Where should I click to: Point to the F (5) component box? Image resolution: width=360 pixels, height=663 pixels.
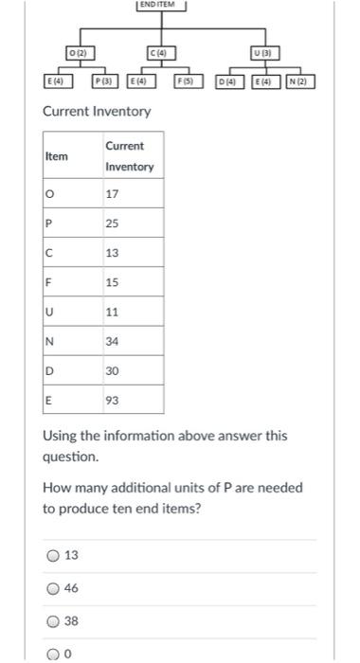190,82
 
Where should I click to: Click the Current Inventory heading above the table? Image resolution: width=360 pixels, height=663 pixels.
97,112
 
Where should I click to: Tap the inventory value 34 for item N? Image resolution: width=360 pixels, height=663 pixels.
113,341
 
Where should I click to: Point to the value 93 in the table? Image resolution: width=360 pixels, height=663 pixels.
113,400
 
